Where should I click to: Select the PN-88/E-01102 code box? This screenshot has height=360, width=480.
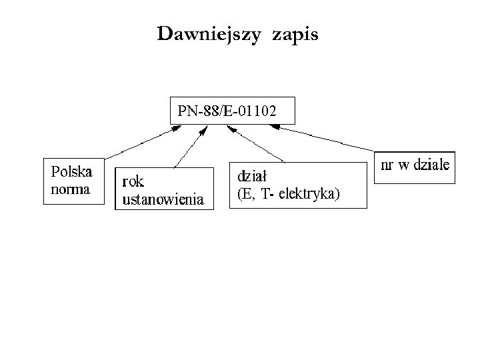pyautogui.click(x=232, y=111)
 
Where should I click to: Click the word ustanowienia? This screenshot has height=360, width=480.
pyautogui.click(x=163, y=198)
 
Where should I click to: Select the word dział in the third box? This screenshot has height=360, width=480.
pyautogui.click(x=253, y=177)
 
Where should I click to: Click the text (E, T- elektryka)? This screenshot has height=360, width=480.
pyautogui.click(x=289, y=194)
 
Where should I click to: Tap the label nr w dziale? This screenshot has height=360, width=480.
pyautogui.click(x=415, y=164)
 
